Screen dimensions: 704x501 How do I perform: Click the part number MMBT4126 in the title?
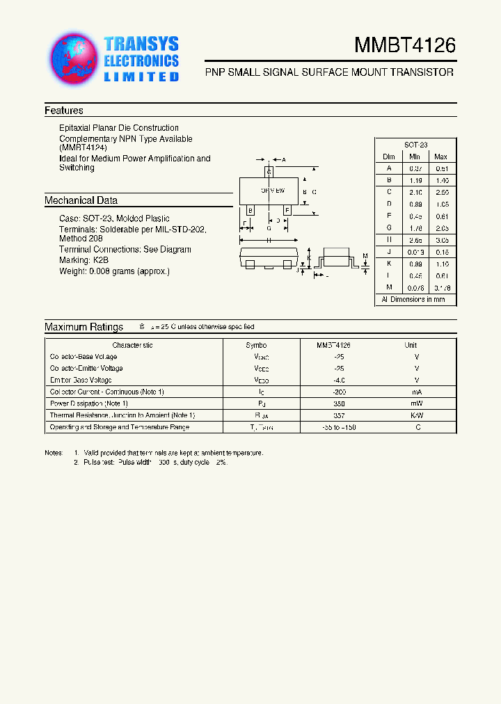(x=405, y=46)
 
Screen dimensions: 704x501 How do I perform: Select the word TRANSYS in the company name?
(x=141, y=44)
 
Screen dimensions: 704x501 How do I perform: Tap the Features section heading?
(x=64, y=111)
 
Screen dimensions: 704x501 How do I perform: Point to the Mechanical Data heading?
(x=81, y=200)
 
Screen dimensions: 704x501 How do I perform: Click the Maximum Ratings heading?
(x=83, y=327)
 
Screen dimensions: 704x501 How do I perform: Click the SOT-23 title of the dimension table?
(x=415, y=145)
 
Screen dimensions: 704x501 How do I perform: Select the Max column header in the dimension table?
(x=440, y=157)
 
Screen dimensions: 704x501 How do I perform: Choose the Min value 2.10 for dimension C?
(x=415, y=191)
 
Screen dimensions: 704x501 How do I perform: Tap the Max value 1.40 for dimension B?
(x=440, y=179)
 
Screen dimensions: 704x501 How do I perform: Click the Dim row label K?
(x=390, y=264)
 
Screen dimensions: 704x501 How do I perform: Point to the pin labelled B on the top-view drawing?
(x=250, y=209)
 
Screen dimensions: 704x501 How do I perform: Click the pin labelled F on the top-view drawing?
(x=287, y=209)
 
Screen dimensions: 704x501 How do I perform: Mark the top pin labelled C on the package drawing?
(x=269, y=171)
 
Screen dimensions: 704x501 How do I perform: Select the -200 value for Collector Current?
(x=339, y=392)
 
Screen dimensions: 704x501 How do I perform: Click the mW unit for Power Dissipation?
(x=415, y=403)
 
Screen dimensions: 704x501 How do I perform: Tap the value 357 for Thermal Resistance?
(x=339, y=415)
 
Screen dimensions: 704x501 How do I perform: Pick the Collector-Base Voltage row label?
(x=83, y=356)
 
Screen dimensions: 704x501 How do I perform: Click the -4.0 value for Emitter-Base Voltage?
(x=339, y=380)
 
